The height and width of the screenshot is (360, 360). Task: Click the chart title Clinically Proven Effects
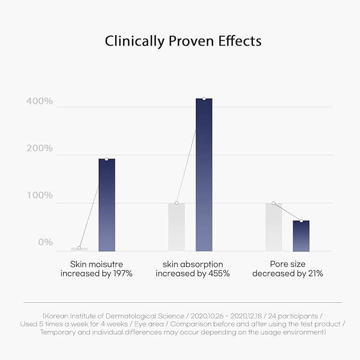coord(183,41)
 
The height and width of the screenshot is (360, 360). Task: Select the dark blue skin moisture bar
coord(107,205)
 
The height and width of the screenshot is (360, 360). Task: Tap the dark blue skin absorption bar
coord(204,175)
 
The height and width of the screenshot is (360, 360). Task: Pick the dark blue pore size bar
coord(301,236)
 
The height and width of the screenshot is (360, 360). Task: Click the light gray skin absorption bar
coord(177,227)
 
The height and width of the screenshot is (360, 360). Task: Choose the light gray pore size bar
coord(274,227)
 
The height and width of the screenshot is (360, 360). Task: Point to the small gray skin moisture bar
coord(80,249)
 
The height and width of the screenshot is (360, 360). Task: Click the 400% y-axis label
coord(40,101)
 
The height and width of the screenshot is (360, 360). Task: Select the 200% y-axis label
coord(40,148)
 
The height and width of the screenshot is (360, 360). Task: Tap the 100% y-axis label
coord(40,196)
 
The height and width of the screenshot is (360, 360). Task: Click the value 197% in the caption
coord(121,274)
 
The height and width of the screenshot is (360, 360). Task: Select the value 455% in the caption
coord(219,274)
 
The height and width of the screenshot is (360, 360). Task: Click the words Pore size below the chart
coord(287,264)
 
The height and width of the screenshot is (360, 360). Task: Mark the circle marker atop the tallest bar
coord(204,99)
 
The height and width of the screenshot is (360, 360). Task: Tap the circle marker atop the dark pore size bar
coord(301,221)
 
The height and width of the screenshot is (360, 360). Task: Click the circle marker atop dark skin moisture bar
coord(107,159)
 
